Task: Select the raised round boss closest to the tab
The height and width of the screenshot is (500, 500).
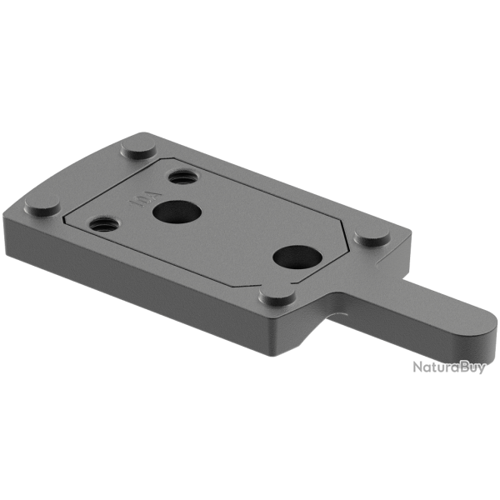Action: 372,237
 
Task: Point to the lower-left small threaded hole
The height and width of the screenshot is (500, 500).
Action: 104,223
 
